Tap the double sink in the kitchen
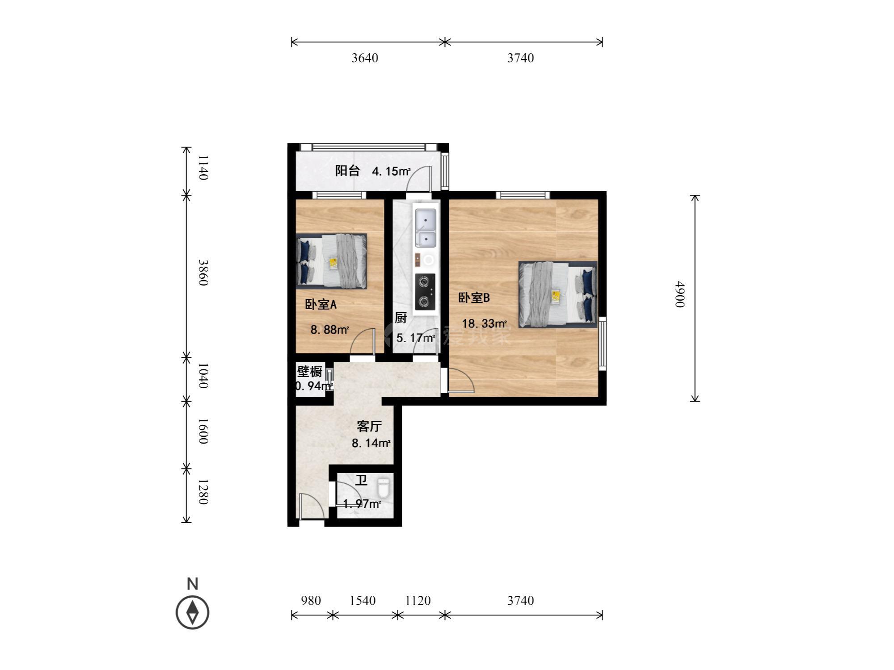(425, 228)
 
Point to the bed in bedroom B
(558, 294)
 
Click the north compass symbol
(193, 611)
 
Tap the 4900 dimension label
(679, 294)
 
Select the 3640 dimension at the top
(365, 58)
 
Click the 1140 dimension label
(203, 167)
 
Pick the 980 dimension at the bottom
(311, 601)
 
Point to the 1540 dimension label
(363, 601)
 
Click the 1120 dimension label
(418, 601)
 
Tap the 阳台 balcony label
(347, 171)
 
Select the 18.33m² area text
(484, 323)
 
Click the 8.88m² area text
(330, 330)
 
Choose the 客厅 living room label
(369, 427)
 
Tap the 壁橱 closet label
(309, 372)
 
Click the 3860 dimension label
(203, 272)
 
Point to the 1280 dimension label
(203, 492)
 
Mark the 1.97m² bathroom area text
(362, 504)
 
